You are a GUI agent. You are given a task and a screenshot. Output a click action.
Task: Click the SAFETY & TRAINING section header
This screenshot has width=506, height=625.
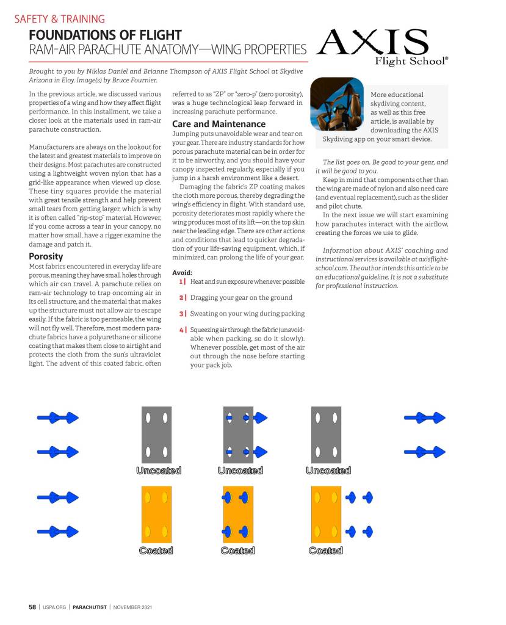pyautogui.click(x=59, y=19)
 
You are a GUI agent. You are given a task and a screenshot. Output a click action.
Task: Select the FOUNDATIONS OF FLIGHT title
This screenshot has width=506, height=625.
pyautogui.click(x=105, y=35)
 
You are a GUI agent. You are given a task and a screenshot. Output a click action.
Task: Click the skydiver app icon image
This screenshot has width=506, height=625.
pyautogui.click(x=337, y=104)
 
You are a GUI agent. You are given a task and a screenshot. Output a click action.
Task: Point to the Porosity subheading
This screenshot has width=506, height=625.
pyautogui.click(x=46, y=256)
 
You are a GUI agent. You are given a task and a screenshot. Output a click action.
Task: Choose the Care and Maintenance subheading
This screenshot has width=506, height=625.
pyautogui.click(x=210, y=124)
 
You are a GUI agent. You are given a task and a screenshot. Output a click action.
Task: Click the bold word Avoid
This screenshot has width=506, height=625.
pyautogui.click(x=182, y=272)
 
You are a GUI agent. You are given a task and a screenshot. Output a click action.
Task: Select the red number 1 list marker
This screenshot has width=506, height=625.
pyautogui.click(x=183, y=281)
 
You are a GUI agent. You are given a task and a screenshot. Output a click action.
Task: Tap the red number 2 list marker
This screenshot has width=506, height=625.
pyautogui.click(x=183, y=297)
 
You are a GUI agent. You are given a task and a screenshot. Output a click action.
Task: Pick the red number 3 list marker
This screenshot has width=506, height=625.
pyautogui.click(x=183, y=313)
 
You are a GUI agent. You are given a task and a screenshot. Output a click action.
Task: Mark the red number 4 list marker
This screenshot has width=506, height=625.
pyautogui.click(x=183, y=330)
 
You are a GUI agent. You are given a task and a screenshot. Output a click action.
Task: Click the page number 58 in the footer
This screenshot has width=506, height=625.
pyautogui.click(x=32, y=607)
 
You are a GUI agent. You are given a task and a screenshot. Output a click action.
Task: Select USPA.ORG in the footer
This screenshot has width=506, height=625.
pyautogui.click(x=55, y=607)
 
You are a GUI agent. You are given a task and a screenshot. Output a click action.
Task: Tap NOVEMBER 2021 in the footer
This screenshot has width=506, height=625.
pyautogui.click(x=132, y=607)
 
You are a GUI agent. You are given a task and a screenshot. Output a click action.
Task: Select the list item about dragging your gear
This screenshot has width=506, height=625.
pyautogui.click(x=241, y=297)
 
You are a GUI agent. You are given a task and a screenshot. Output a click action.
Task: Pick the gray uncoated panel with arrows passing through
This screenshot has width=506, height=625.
pyautogui.click(x=238, y=435)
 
